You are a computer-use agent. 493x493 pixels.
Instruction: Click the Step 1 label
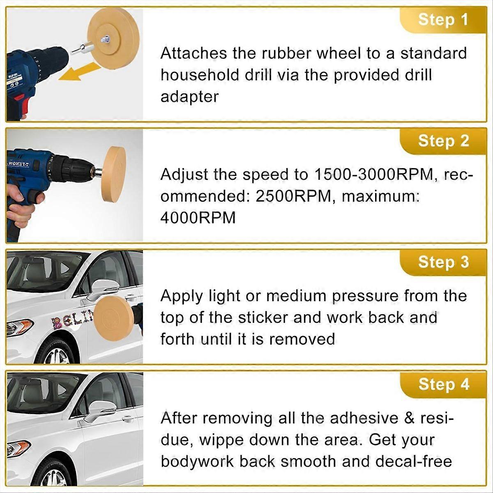pyautogui.click(x=443, y=20)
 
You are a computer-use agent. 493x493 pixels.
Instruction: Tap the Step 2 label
pyautogui.click(x=443, y=141)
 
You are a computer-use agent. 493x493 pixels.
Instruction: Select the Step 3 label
pyautogui.click(x=443, y=262)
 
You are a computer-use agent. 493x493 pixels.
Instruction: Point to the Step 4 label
pyautogui.click(x=444, y=384)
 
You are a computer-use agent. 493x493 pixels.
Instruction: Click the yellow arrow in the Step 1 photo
pyautogui.click(x=80, y=72)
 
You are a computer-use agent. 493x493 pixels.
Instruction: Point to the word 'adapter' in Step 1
pyautogui.click(x=189, y=97)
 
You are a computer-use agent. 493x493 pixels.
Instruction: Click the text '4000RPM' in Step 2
pyautogui.click(x=198, y=218)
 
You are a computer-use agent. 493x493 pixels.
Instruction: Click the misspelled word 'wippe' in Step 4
pyautogui.click(x=221, y=440)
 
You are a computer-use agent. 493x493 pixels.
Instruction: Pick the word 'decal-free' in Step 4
pyautogui.click(x=414, y=461)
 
